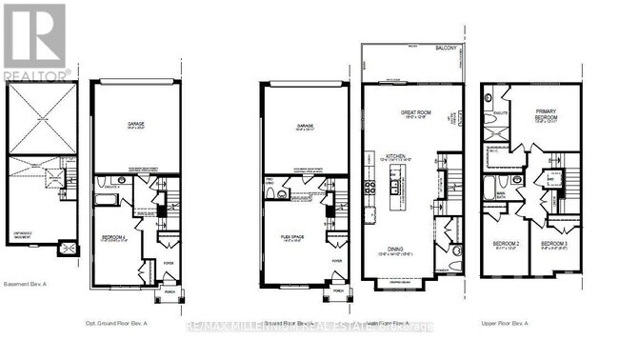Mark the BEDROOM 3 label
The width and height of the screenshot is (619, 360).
pos(555,245)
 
